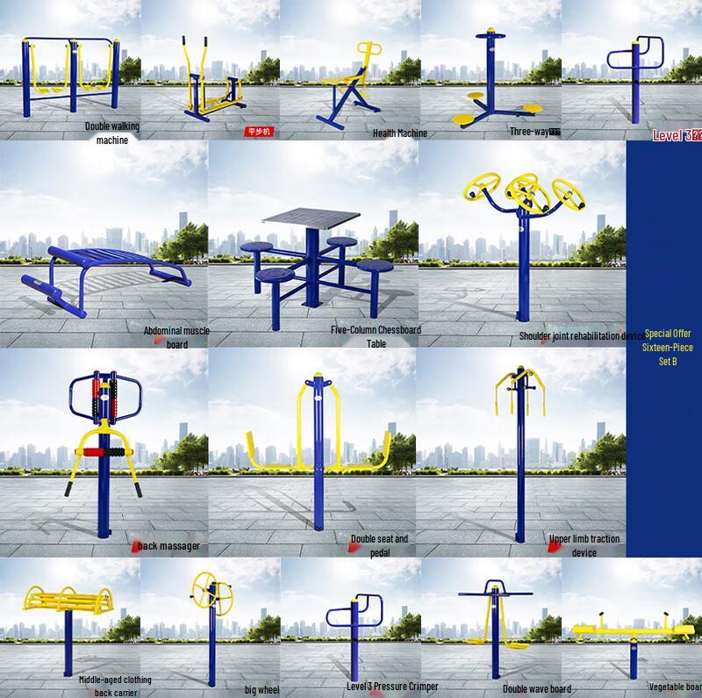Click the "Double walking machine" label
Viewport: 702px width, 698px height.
(112, 133)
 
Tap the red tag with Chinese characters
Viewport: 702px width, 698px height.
(259, 133)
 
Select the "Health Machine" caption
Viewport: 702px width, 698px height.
(399, 133)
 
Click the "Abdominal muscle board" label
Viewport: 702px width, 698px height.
(176, 337)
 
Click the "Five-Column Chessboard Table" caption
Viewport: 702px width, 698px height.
(376, 336)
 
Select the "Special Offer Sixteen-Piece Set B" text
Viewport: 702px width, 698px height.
(668, 347)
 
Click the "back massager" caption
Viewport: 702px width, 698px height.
(168, 546)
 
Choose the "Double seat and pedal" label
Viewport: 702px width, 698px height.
(379, 545)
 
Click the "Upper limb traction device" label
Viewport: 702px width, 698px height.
(584, 545)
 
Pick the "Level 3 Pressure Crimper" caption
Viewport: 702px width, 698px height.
(392, 686)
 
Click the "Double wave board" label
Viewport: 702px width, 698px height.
(536, 689)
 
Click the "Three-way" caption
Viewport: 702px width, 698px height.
(534, 132)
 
